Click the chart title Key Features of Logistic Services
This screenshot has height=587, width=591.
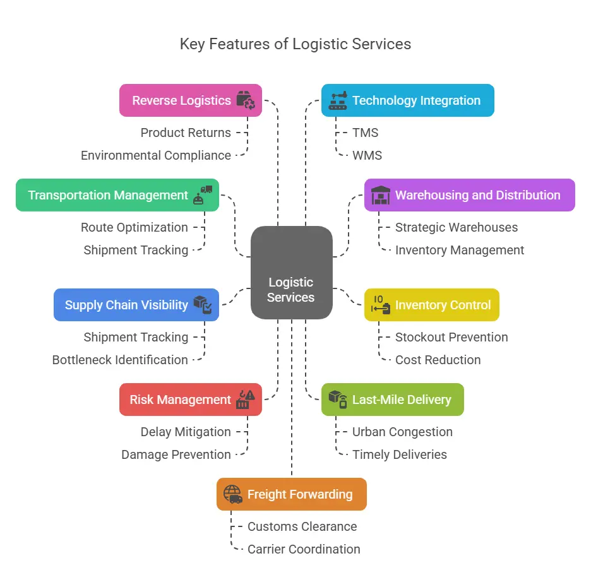point(295,44)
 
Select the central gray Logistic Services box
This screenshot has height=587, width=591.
point(291,273)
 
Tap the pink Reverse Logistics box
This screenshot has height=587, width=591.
point(190,100)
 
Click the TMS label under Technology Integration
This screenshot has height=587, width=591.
point(365,133)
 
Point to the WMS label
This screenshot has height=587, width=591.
point(367,155)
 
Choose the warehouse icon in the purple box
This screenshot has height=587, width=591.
point(381,195)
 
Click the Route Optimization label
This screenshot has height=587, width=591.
point(134,227)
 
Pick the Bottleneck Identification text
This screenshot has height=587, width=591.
point(120,360)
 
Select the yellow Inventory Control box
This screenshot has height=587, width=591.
point(432,305)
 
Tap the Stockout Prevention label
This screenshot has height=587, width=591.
point(451,337)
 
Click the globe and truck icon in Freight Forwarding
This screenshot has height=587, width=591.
point(233,494)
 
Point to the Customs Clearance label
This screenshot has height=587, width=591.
point(302,526)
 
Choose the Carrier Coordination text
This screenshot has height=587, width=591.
point(304,549)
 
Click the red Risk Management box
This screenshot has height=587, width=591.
point(190,400)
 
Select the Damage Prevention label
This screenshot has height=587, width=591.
point(176,454)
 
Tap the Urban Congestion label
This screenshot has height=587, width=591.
point(402,432)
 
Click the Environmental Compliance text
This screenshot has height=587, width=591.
point(156,155)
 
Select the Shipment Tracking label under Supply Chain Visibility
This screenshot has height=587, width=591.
point(136,337)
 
